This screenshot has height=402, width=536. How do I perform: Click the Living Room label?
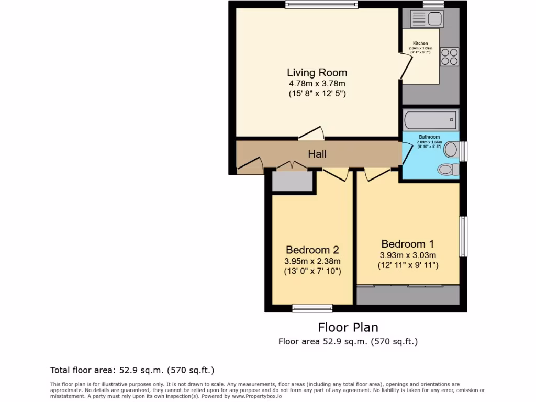coord(317,73)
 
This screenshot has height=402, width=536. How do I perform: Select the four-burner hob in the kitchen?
coord(449,57)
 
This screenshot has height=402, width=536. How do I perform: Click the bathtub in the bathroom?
coord(430,120)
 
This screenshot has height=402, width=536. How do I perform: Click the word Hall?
coord(317,154)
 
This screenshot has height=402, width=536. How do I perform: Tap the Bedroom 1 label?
coord(407,244)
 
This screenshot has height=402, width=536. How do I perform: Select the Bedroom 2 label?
coord(312,250)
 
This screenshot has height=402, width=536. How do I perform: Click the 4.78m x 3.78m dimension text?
coord(317,84)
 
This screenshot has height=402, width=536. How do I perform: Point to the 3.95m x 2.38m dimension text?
coord(313,261)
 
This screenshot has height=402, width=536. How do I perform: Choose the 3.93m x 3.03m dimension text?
coord(408,255)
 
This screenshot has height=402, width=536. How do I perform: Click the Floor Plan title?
coord(348,328)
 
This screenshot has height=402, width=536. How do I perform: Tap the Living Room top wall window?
coord(321,5)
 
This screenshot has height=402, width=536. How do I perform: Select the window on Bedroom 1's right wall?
coord(463,237)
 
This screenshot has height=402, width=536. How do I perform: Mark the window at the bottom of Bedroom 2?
coord(312,308)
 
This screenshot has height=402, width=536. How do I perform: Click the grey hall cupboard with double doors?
coord(292,181)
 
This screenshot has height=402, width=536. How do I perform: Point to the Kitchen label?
coord(420,43)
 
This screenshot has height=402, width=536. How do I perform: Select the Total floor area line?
coord(132,370)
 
